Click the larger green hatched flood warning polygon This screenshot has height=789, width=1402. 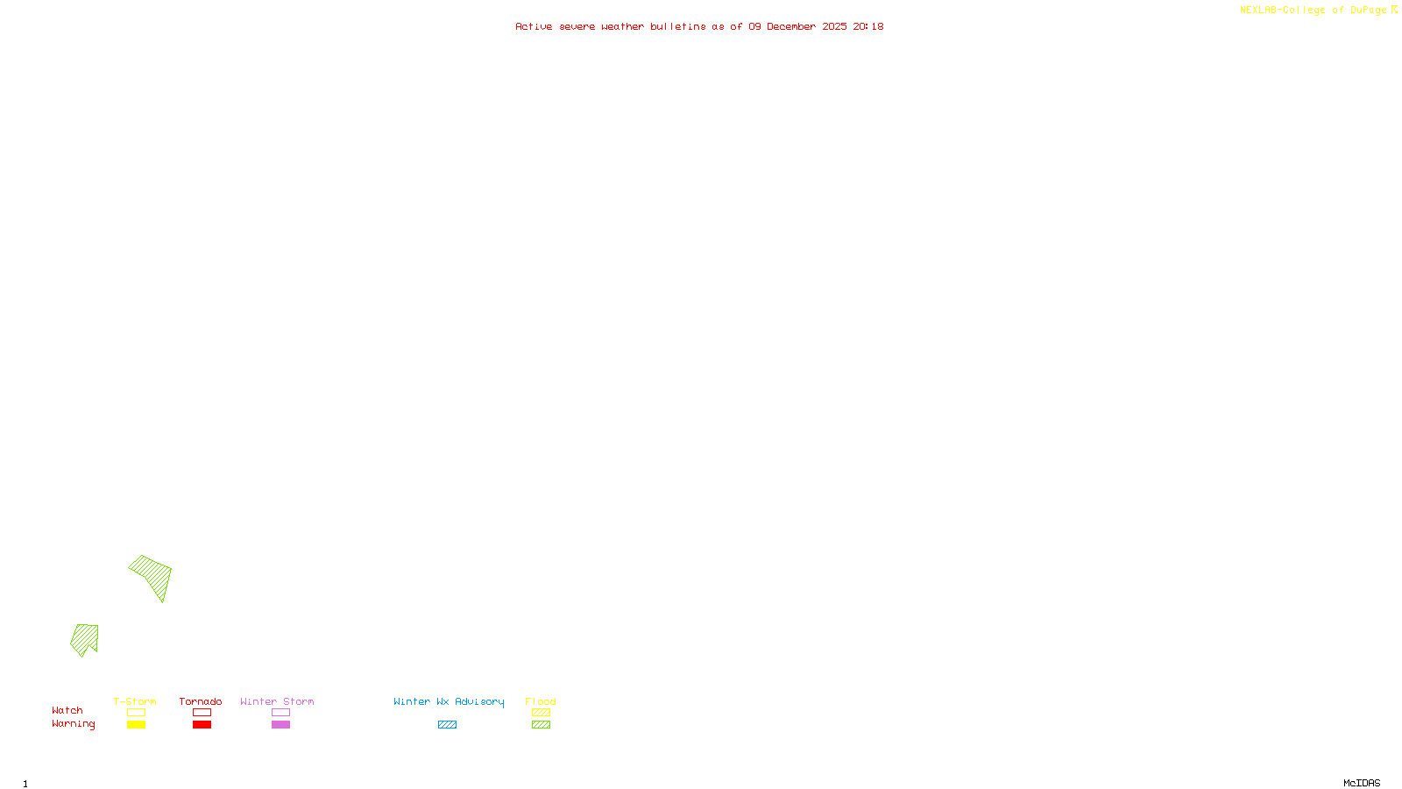tap(152, 575)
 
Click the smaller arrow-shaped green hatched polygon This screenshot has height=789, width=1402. tap(84, 638)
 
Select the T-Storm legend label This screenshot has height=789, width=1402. tap(135, 701)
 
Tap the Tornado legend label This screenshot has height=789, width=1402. tap(201, 701)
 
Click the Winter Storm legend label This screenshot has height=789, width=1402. tap(277, 701)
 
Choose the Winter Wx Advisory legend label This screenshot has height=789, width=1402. tap(449, 701)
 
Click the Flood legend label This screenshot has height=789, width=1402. tap(541, 701)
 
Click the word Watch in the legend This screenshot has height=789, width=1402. tap(67, 710)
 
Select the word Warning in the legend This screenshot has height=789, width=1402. tap(73, 724)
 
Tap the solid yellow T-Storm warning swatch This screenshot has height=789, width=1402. tap(136, 725)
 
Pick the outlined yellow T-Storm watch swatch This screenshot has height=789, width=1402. tap(136, 713)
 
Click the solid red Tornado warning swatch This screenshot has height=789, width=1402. tap(202, 725)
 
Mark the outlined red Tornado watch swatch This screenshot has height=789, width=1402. tap(202, 713)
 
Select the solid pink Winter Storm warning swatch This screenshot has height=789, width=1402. tap(280, 725)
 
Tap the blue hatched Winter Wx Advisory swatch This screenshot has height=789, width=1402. tap(447, 725)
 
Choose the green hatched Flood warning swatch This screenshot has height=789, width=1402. tap(541, 725)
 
